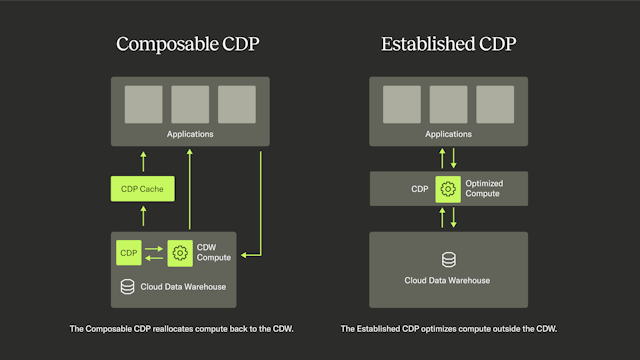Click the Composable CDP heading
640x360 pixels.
(189, 44)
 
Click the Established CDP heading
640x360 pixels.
(448, 44)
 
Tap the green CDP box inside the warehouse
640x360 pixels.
(128, 252)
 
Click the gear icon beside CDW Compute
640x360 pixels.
(180, 252)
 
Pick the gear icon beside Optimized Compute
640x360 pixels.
(448, 188)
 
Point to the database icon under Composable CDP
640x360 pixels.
(127, 287)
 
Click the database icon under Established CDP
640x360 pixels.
(448, 260)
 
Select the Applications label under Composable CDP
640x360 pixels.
(189, 133)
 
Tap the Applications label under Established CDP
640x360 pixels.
(448, 133)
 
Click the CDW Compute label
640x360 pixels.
(214, 252)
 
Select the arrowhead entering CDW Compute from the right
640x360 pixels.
(246, 255)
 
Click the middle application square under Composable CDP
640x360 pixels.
(189, 104)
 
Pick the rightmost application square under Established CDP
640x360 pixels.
(495, 104)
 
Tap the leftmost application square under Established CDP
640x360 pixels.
(401, 104)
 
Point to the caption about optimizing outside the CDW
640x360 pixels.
(448, 328)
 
